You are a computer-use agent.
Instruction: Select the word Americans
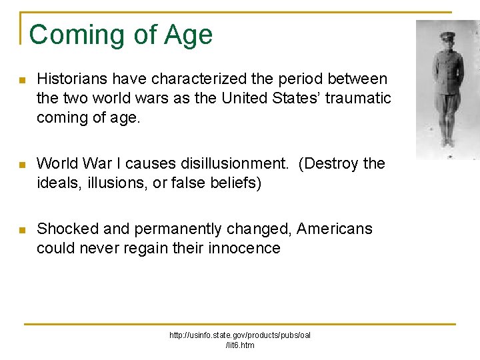point(335,229)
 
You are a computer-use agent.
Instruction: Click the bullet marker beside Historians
point(22,81)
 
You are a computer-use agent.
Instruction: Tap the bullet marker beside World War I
point(22,165)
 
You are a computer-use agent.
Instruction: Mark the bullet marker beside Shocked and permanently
point(22,231)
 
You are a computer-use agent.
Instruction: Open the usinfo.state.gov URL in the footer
point(240,339)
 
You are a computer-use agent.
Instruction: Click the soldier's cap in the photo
point(447,37)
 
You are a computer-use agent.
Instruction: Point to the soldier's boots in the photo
point(446,141)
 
